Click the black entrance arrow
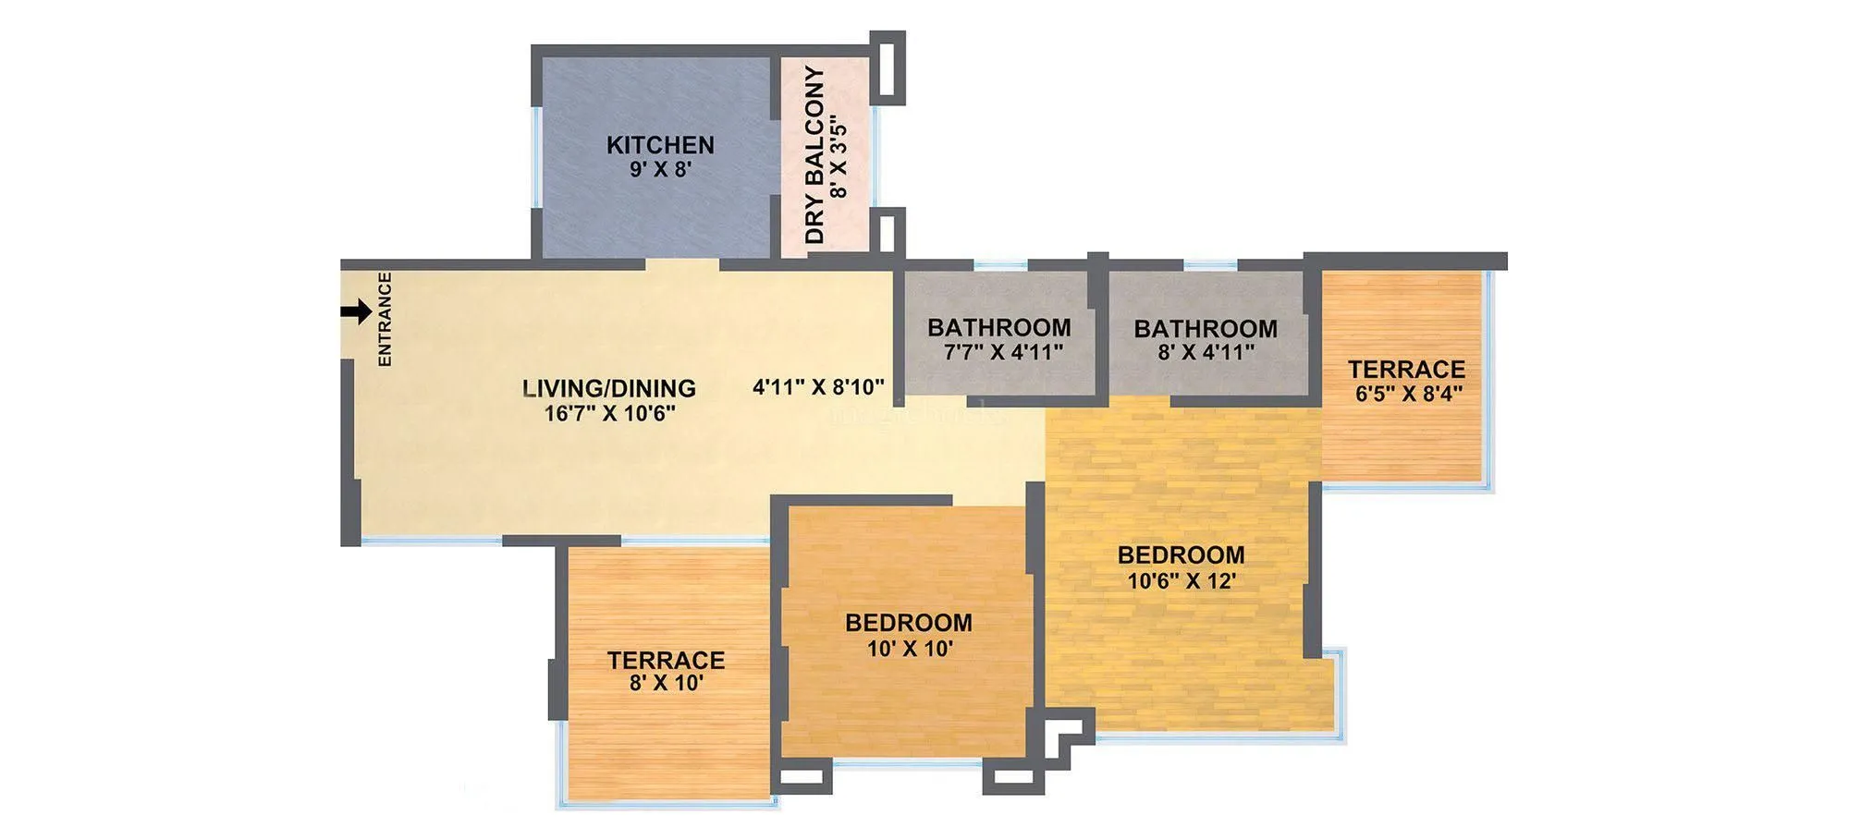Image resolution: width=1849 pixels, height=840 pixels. (356, 312)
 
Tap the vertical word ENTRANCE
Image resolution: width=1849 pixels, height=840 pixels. (385, 319)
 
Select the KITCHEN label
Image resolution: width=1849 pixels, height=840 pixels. (660, 145)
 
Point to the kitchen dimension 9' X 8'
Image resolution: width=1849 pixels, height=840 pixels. (660, 170)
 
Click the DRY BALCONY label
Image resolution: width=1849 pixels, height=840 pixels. (814, 155)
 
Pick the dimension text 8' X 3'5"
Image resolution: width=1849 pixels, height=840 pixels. (839, 157)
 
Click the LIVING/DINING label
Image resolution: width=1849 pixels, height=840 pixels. (609, 388)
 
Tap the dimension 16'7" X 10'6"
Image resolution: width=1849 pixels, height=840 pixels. (609, 413)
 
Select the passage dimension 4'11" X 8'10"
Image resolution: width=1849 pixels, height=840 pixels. (818, 387)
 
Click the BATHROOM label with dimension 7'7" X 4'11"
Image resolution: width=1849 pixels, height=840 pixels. (998, 328)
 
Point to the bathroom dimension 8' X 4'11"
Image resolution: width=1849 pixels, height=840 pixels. (1206, 352)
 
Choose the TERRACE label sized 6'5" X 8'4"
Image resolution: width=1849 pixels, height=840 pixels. (1406, 370)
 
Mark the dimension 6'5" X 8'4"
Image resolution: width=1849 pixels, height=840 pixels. (1408, 394)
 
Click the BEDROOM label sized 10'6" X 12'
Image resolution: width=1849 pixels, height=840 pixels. (1181, 555)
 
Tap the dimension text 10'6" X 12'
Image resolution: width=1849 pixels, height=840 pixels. (1181, 581)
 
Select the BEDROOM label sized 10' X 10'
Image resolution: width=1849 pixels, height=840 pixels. (908, 623)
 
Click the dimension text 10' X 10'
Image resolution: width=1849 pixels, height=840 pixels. (909, 649)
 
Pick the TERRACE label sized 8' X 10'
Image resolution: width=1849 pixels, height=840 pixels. (666, 660)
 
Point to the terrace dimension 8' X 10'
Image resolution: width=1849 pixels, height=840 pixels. (666, 684)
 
